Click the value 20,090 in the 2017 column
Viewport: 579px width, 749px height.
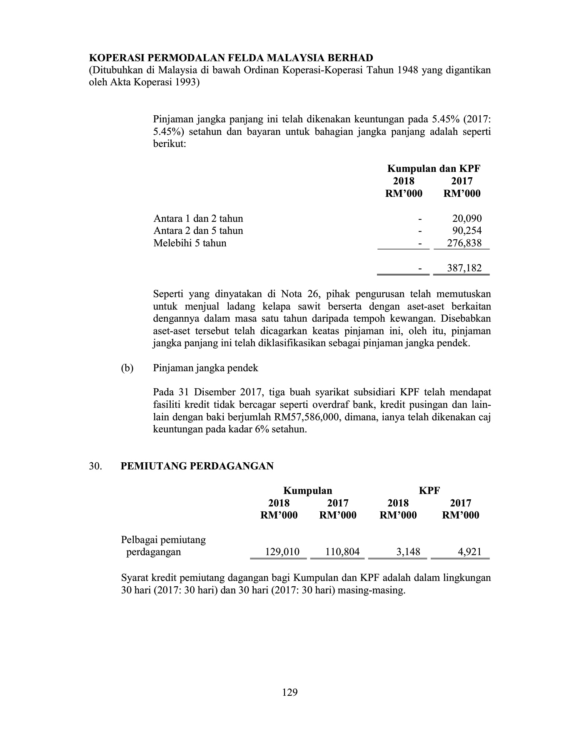pyautogui.click(x=467, y=218)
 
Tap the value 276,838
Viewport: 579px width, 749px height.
pyautogui.click(x=464, y=243)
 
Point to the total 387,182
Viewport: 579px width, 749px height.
pyautogui.click(x=464, y=268)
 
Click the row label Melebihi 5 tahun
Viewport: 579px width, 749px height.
pyautogui.click(x=190, y=243)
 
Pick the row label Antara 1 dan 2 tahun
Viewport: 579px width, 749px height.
pyautogui.click(x=198, y=218)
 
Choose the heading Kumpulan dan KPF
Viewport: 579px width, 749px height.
pyautogui.click(x=434, y=169)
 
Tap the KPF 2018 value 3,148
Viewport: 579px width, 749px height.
pyautogui.click(x=408, y=552)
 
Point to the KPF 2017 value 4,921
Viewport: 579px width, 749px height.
pyautogui.click(x=469, y=552)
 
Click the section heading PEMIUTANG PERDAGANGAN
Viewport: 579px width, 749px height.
pyautogui.click(x=197, y=466)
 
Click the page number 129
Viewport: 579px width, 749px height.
pyautogui.click(x=290, y=692)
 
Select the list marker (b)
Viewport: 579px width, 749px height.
pyautogui.click(x=127, y=368)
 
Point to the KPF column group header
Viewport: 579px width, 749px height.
pyautogui.click(x=429, y=491)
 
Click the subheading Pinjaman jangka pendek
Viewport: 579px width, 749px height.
pyautogui.click(x=206, y=368)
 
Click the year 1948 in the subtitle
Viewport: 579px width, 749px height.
pyautogui.click(x=407, y=70)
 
